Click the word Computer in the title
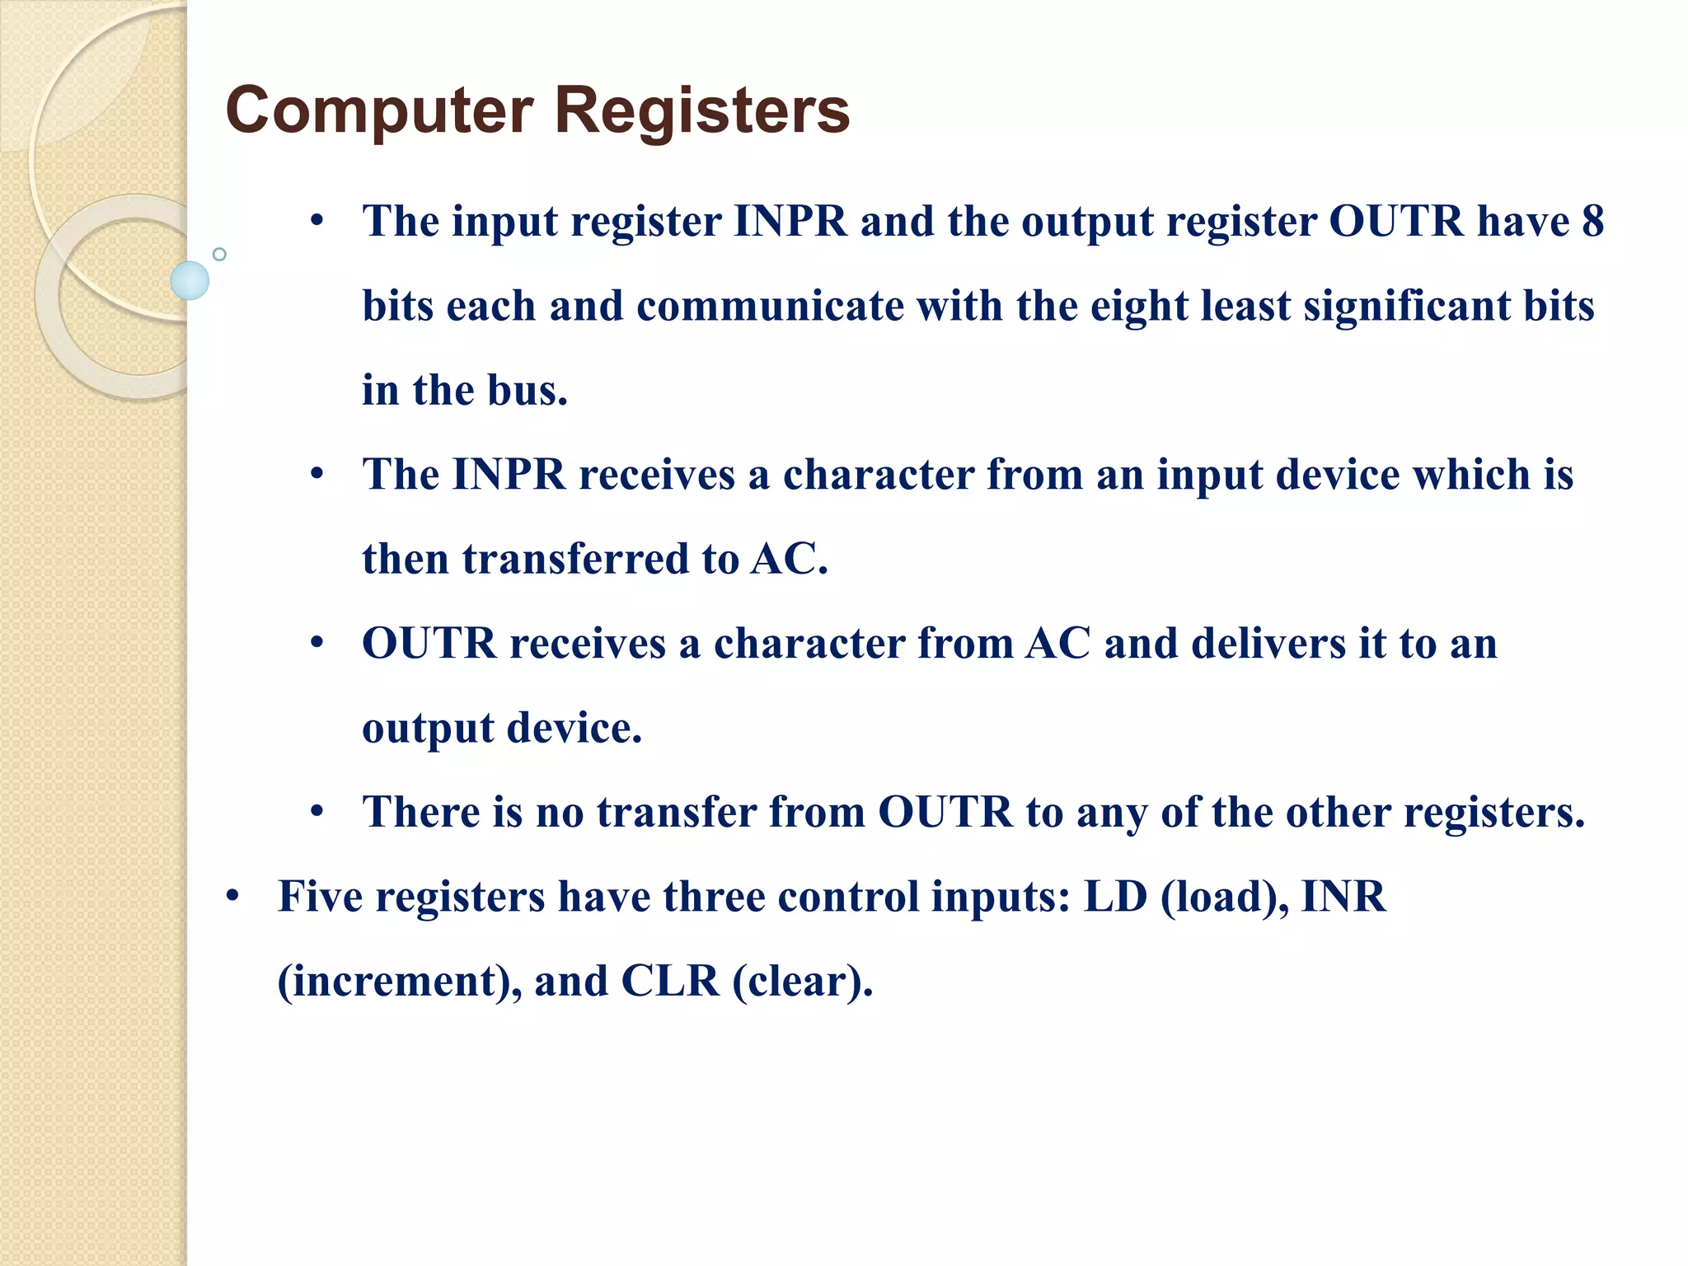tap(379, 111)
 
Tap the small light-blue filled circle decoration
tap(190, 280)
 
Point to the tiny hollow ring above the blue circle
tap(219, 254)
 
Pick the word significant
tap(1407, 306)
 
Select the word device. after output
tap(574, 728)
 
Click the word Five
tap(320, 897)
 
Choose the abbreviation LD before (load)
tap(1114, 897)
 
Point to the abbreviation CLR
tap(669, 981)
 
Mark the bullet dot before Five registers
tap(233, 897)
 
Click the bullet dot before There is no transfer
tap(317, 812)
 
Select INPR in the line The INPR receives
tap(509, 475)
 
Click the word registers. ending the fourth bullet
tap(1494, 813)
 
